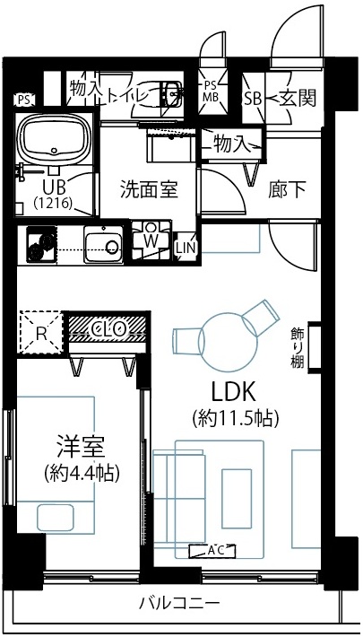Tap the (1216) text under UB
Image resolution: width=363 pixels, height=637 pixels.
(x=53, y=204)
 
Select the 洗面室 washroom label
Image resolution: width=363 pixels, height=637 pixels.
(x=148, y=189)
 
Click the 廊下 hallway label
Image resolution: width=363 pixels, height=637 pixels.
(x=287, y=189)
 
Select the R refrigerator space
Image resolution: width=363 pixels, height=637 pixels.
(x=40, y=332)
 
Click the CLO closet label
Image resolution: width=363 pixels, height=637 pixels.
(x=107, y=329)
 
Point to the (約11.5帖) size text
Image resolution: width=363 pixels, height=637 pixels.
(x=235, y=418)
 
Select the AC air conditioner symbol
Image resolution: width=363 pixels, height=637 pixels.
(x=214, y=550)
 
